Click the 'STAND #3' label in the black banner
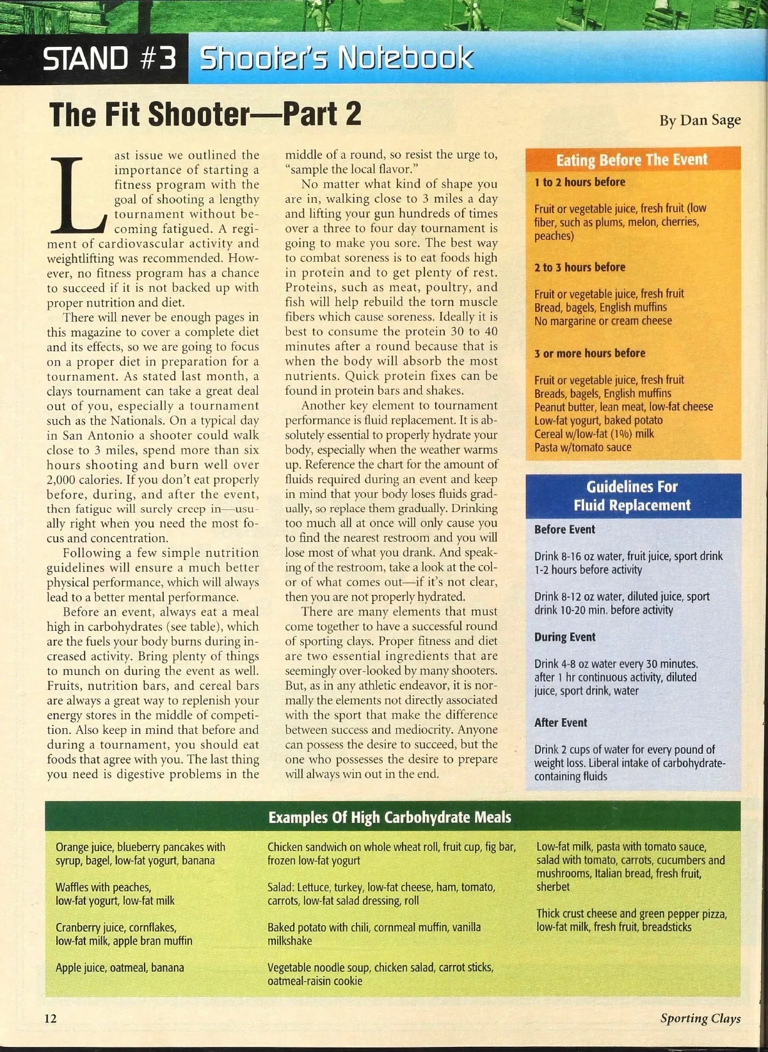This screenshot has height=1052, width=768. tap(109, 58)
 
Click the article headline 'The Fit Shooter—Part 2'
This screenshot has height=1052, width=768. tap(205, 115)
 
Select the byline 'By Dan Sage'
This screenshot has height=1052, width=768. tap(700, 120)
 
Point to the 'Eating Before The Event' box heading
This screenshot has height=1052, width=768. tap(632, 160)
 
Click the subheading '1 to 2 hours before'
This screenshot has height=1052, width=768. tap(580, 182)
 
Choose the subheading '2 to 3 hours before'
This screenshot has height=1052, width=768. tap(580, 267)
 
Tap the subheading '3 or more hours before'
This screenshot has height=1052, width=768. tap(589, 353)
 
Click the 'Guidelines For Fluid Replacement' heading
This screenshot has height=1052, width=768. tap(632, 496)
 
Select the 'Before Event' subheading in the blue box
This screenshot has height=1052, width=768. tap(564, 530)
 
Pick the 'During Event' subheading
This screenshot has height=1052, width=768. tap(564, 637)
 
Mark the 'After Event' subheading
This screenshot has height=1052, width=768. tap(561, 723)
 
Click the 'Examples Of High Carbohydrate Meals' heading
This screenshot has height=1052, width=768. tap(390, 818)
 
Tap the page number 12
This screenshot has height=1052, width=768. tap(51, 1019)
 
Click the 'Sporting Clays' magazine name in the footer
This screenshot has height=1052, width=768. tap(700, 1019)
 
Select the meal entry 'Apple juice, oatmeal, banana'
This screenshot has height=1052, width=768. tap(120, 968)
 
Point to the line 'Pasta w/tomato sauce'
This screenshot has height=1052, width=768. tap(582, 447)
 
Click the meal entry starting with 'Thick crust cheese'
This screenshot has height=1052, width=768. tap(632, 920)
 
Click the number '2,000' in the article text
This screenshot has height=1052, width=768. tap(64, 479)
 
